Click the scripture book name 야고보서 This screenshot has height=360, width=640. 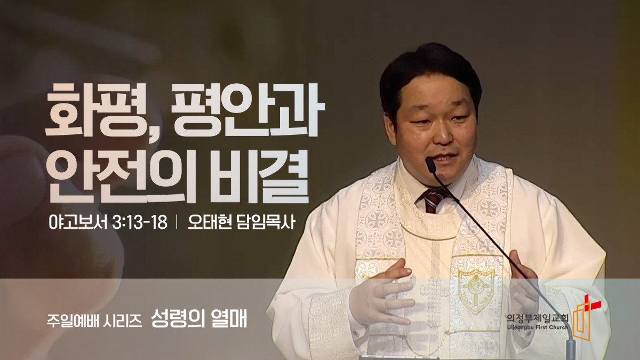pos(78,222)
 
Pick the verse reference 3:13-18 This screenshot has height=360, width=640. pos(140,222)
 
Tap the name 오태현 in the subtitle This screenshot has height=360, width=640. pos(210,222)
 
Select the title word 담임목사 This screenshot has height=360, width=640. pos(266,222)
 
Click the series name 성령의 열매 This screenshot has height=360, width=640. pos(199,318)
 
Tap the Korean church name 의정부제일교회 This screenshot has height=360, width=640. pos(538,318)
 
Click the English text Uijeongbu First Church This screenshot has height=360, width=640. pos(538,327)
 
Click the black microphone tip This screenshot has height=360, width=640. pos(430,165)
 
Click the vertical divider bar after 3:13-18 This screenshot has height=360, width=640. pos(178,222)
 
